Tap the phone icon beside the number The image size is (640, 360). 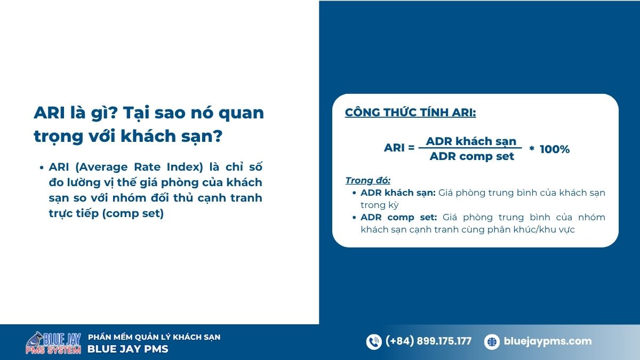click(374, 342)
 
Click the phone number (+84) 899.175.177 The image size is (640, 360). click(428, 341)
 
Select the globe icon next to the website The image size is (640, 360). click(492, 342)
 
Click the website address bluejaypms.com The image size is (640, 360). click(548, 341)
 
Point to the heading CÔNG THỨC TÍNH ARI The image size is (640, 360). click(410, 113)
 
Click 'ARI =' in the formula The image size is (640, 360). click(399, 148)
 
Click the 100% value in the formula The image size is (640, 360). click(555, 149)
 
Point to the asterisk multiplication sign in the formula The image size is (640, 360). click(532, 150)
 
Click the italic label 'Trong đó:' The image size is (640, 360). click(368, 180)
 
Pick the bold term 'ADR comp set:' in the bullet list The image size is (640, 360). click(398, 217)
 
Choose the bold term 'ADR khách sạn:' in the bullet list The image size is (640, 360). click(398, 193)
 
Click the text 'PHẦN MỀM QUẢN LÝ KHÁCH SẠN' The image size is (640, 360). click(154, 337)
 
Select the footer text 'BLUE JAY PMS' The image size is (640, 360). click(127, 349)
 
